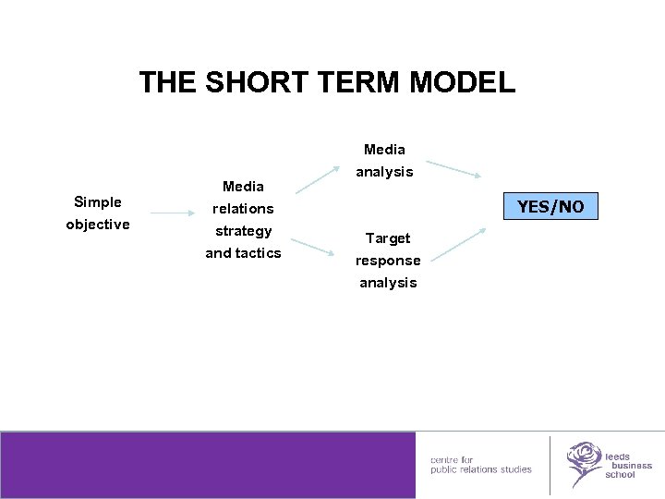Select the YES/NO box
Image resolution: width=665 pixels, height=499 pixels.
coord(550,206)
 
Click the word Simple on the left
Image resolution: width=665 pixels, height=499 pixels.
coord(98,202)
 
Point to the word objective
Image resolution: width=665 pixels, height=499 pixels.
coord(98,225)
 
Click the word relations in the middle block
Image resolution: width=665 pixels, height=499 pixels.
coord(243,209)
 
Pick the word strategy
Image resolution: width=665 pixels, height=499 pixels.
coord(243,231)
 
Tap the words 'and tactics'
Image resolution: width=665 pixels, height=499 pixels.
coord(243,253)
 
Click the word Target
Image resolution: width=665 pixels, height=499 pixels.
coord(388,238)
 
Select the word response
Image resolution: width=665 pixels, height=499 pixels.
coord(388,261)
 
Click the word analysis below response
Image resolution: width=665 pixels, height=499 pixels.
coord(388,283)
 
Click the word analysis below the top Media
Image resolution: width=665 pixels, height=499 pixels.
coord(385,172)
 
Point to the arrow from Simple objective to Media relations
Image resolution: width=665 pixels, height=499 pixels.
coord(173,214)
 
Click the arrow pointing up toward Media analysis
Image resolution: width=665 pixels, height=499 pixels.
coord(315,176)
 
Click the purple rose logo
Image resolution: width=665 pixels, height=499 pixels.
coord(584,463)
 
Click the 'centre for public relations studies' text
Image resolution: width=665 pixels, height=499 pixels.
coord(480,465)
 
